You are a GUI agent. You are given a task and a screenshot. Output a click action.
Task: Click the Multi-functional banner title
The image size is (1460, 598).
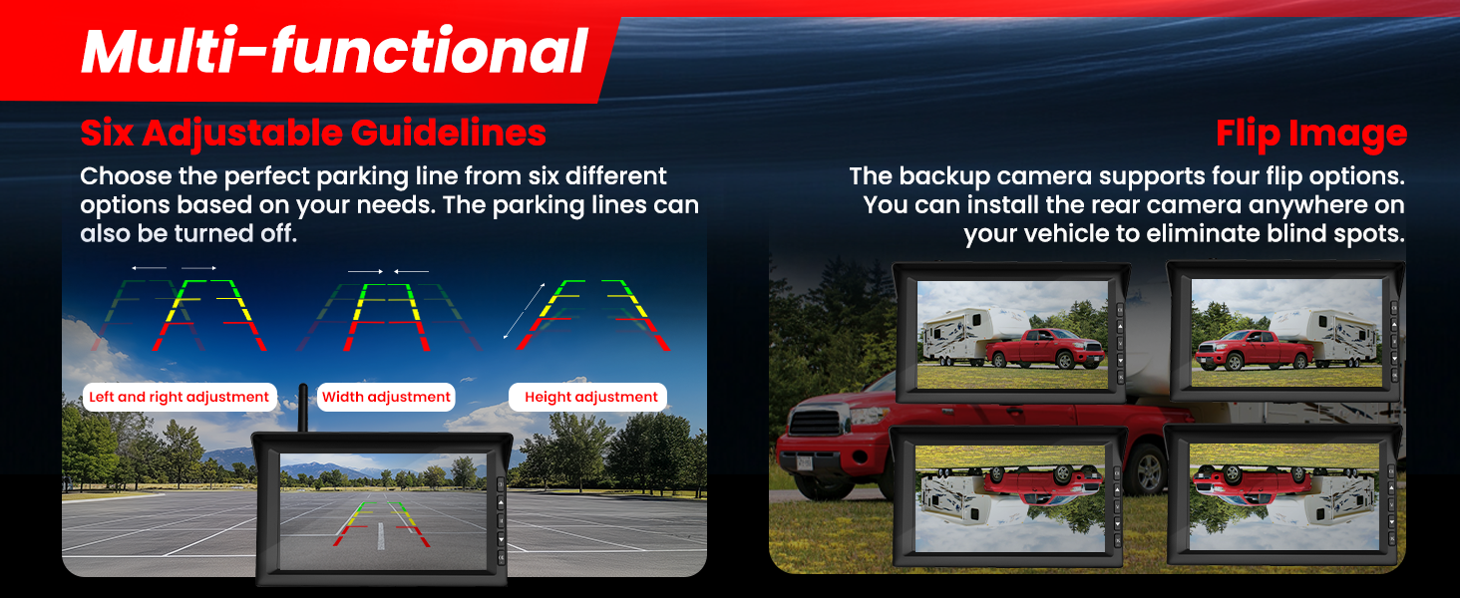click(x=334, y=51)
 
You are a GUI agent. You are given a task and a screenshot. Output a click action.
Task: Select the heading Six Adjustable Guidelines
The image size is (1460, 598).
click(x=313, y=134)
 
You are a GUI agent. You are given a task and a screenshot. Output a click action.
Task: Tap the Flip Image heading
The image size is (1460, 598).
click(x=1310, y=135)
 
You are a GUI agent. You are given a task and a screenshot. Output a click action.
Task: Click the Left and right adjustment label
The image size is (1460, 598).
click(x=180, y=397)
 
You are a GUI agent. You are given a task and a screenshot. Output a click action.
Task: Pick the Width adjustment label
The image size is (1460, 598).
click(x=386, y=397)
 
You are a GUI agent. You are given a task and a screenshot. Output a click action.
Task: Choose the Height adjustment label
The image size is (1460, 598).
click(x=590, y=397)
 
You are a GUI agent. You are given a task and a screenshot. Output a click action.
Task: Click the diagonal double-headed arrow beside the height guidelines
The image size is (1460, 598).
click(x=524, y=311)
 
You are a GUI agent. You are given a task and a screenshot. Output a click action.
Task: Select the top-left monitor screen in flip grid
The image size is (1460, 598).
click(x=1012, y=334)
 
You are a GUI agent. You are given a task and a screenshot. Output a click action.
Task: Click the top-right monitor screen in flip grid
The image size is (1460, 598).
click(x=1286, y=332)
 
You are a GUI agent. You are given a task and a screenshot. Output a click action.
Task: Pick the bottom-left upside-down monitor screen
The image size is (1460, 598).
click(x=1010, y=498)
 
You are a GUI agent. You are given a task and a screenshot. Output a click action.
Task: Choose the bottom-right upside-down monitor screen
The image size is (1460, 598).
click(x=1284, y=497)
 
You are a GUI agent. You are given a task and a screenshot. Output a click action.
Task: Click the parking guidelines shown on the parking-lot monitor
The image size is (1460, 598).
click(x=382, y=523)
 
